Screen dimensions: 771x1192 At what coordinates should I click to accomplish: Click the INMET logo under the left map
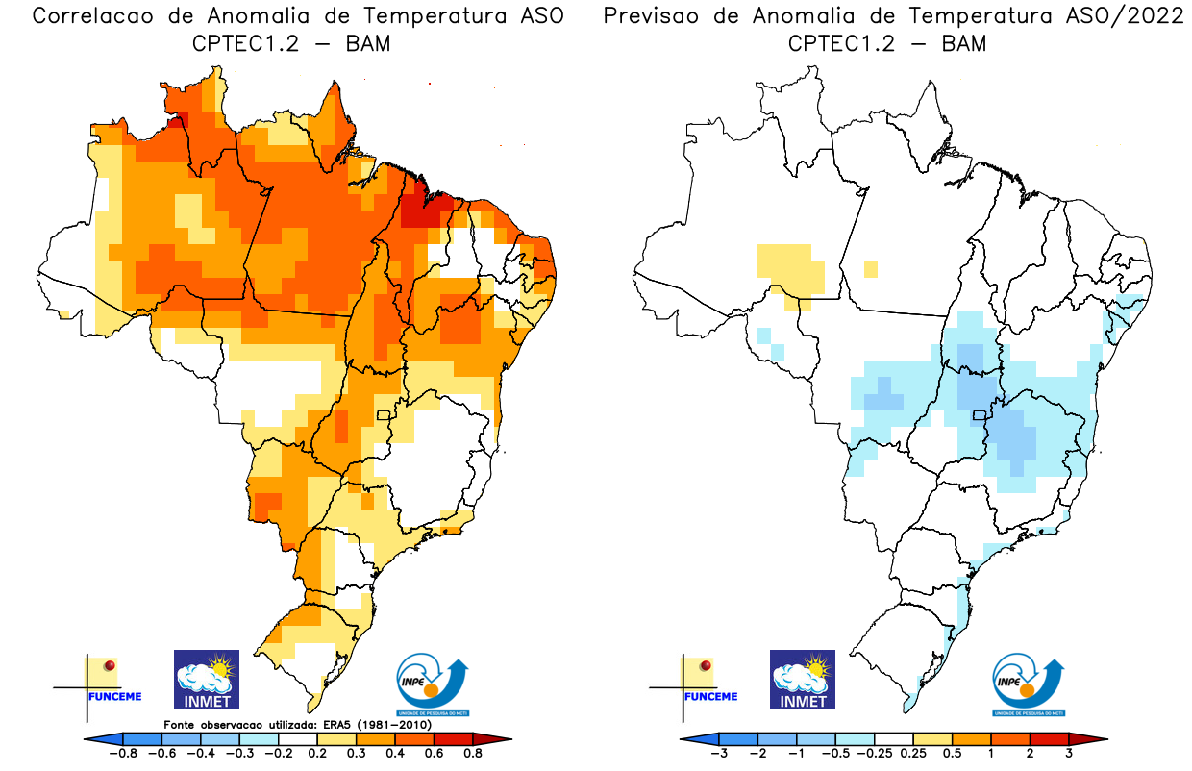tap(206, 680)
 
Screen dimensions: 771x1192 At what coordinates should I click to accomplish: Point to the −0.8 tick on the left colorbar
tap(125, 754)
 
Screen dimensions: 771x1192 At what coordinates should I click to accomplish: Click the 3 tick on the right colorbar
tap(1068, 754)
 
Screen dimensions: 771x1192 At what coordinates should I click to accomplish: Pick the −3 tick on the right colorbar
tap(718, 754)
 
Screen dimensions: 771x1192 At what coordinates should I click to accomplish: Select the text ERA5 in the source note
tap(333, 724)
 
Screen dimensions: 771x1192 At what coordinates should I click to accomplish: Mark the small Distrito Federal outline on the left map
tap(384, 415)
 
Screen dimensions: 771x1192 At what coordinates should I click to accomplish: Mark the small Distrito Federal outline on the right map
tap(980, 415)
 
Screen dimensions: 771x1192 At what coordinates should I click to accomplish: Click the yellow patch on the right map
tap(790, 267)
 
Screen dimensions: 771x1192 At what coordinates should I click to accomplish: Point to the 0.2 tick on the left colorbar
tap(317, 754)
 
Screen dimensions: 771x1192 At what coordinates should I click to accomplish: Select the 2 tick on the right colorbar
tap(1030, 754)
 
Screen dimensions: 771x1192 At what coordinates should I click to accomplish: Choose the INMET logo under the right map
tap(803, 680)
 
